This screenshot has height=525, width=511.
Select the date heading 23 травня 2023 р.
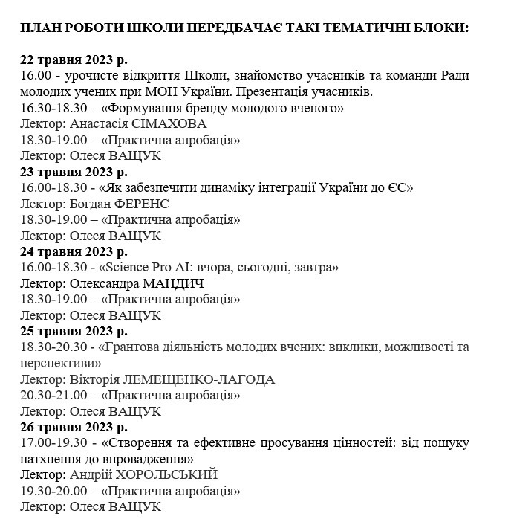74,171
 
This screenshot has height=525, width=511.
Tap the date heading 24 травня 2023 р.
74,251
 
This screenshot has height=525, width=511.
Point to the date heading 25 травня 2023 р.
74,331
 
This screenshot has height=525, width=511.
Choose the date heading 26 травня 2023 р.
74,427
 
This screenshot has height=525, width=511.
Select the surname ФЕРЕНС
142,204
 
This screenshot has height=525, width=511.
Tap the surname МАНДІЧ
167,283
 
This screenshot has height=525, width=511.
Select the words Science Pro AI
146,268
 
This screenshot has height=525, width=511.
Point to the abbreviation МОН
180,92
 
